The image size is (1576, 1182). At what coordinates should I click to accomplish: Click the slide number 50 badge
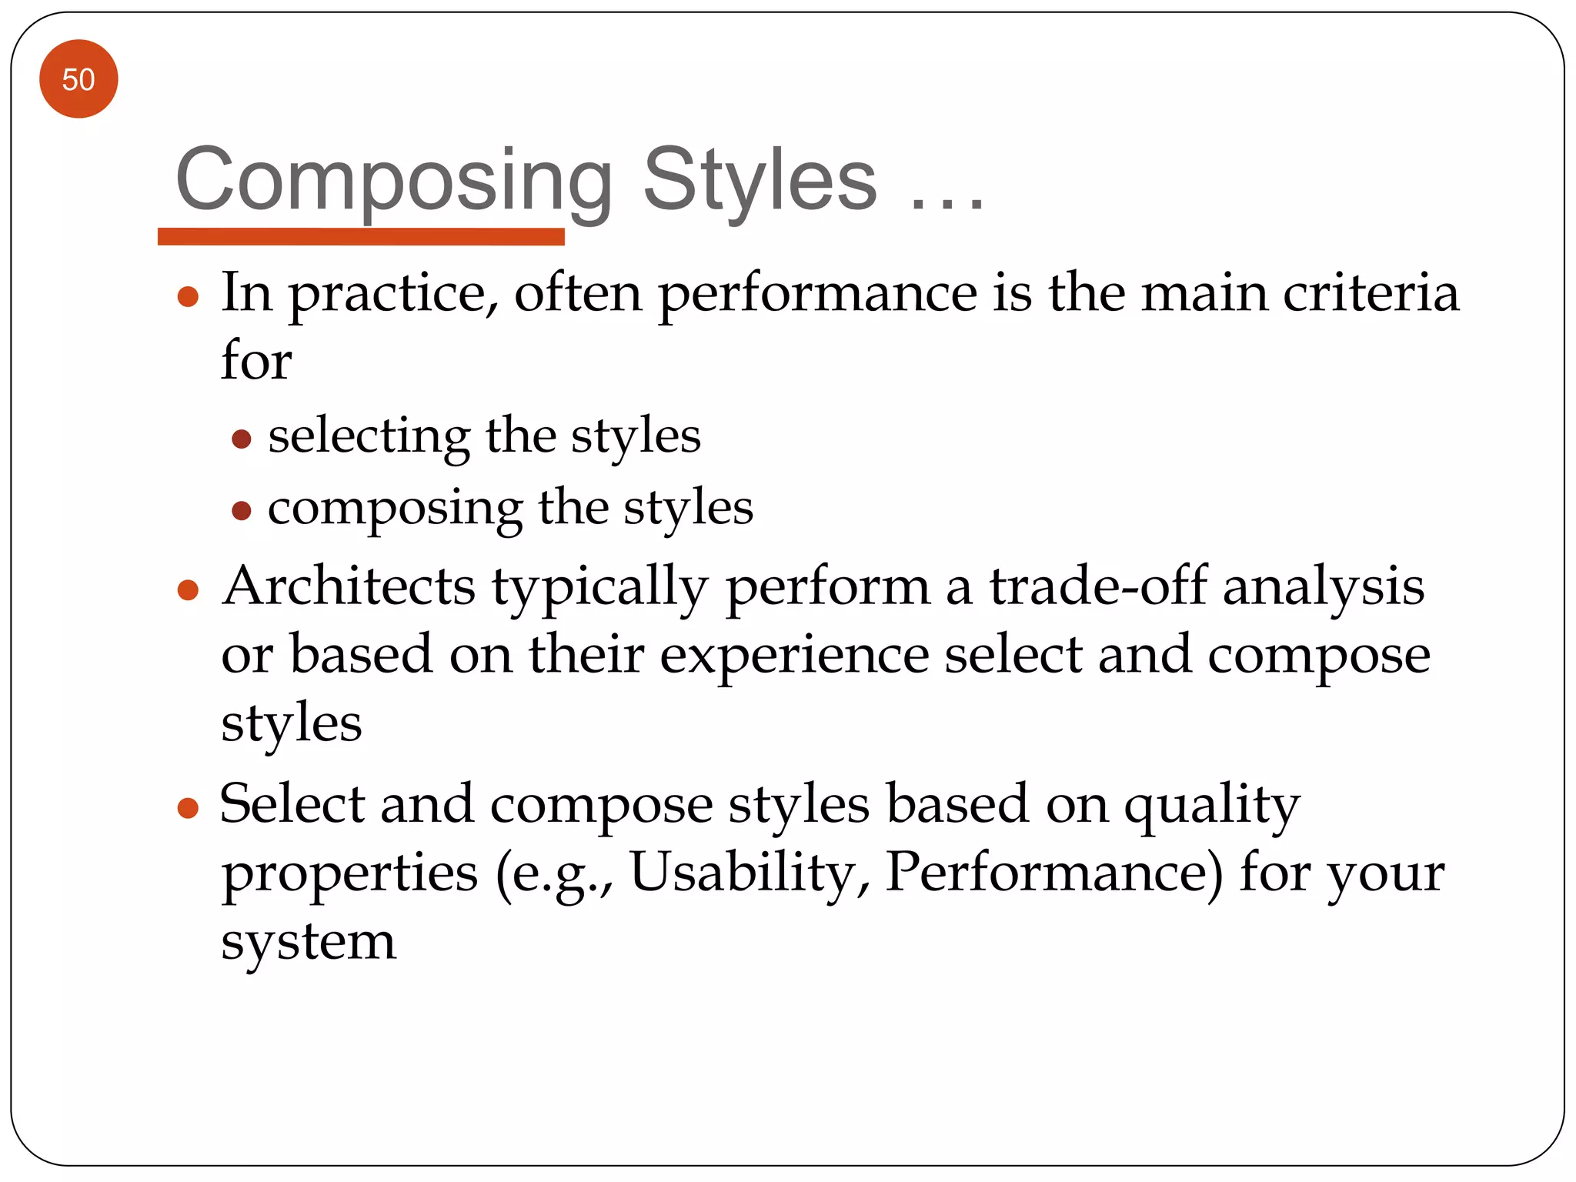coord(78,79)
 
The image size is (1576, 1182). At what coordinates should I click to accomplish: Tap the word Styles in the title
coord(760,180)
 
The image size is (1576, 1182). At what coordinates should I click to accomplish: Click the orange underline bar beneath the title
coord(361,236)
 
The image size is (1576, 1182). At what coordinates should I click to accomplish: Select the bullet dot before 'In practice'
coord(189,296)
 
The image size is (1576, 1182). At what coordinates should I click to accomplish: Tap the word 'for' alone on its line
coord(256,359)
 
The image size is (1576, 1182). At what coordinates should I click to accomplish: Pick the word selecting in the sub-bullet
coord(369,436)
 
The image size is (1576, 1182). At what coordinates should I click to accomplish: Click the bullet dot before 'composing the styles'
coord(242,510)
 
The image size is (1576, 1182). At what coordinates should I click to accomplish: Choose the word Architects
coord(349,586)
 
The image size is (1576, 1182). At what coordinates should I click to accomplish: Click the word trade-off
coord(1098,586)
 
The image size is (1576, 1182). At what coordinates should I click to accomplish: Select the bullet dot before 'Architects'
coord(189,590)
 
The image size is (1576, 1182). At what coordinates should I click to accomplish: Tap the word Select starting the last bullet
coord(292,804)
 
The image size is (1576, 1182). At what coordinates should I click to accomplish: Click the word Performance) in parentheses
coord(1053,873)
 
